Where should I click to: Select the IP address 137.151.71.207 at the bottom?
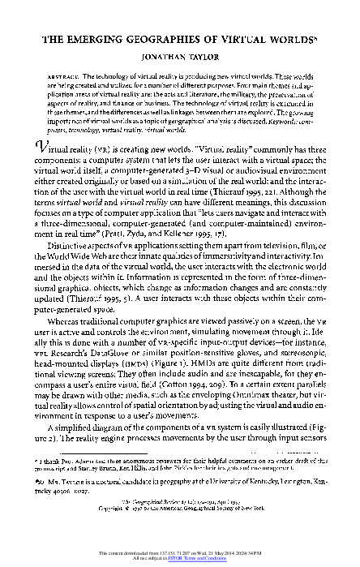click(x=171, y=553)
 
